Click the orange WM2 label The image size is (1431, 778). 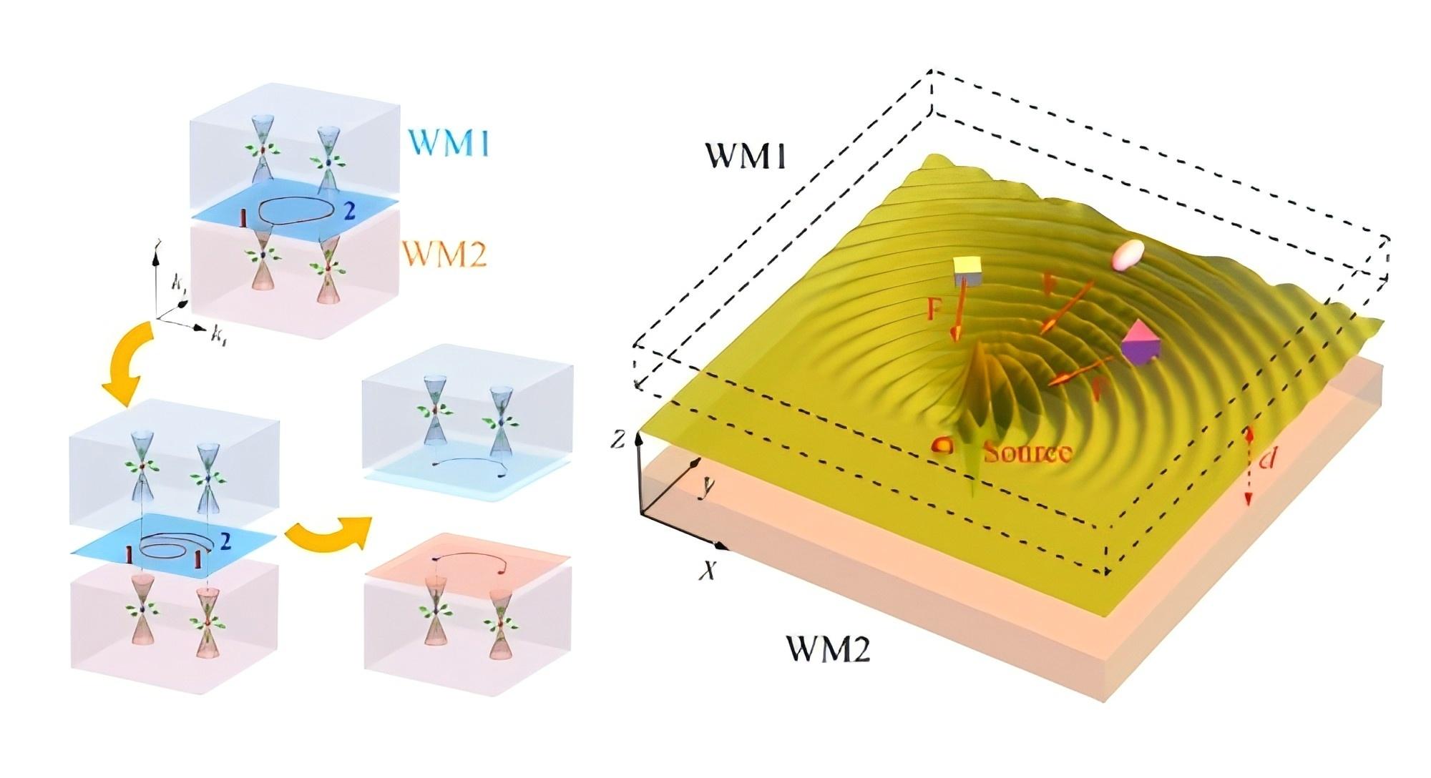(444, 254)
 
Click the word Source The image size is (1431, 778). (1027, 452)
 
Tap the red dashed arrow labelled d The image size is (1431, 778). (1249, 466)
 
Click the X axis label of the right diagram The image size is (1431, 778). (708, 571)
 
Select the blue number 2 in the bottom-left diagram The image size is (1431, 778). (225, 541)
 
